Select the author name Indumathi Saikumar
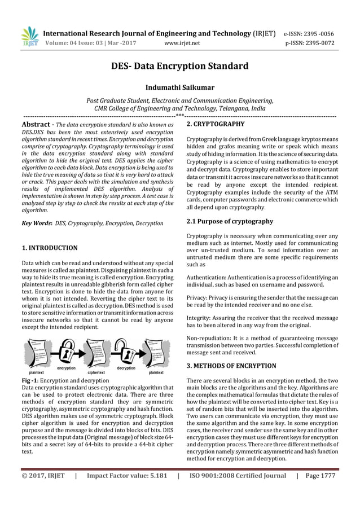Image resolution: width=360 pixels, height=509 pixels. pyautogui.click(x=179, y=87)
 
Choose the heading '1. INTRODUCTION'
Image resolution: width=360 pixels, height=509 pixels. pyautogui.click(x=49, y=247)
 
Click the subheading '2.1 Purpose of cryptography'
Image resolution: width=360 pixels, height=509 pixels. pyautogui.click(x=230, y=221)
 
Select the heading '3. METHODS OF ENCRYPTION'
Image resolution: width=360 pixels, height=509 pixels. pyautogui.click(x=231, y=366)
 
